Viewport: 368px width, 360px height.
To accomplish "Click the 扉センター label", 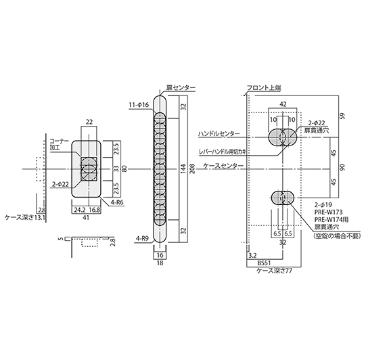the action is pyautogui.click(x=181, y=87).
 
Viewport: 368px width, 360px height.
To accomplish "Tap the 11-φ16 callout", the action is pyautogui.click(x=139, y=105).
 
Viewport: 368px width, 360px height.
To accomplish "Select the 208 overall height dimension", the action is pyautogui.click(x=192, y=168).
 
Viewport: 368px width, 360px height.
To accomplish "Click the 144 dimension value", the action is pyautogui.click(x=184, y=168).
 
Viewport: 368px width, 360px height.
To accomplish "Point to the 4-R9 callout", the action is pyautogui.click(x=142, y=239).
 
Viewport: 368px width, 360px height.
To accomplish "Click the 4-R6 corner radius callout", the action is pyautogui.click(x=116, y=202).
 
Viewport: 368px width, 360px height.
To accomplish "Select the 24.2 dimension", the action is pyautogui.click(x=79, y=210).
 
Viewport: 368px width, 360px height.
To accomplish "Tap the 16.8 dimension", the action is pyautogui.click(x=94, y=210).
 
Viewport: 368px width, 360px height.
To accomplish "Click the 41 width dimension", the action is pyautogui.click(x=86, y=218).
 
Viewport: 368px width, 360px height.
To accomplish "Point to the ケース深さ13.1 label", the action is pyautogui.click(x=25, y=218).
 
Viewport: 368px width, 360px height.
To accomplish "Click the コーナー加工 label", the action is pyautogui.click(x=59, y=144).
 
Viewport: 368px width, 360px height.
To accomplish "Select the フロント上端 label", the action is pyautogui.click(x=264, y=88).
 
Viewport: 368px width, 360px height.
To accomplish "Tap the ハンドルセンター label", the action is pyautogui.click(x=219, y=134).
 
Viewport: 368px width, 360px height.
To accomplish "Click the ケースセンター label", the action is pyautogui.click(x=223, y=166).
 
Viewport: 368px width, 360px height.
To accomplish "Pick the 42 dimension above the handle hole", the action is pyautogui.click(x=283, y=104).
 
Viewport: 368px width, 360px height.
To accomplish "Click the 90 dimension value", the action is pyautogui.click(x=342, y=167).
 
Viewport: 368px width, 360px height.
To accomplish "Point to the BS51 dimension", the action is pyautogui.click(x=264, y=263).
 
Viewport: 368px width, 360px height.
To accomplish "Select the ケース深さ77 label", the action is pyautogui.click(x=275, y=271).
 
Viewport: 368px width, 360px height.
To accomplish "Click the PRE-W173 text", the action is pyautogui.click(x=328, y=212).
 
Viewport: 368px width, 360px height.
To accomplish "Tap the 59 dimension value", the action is pyautogui.click(x=342, y=116).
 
